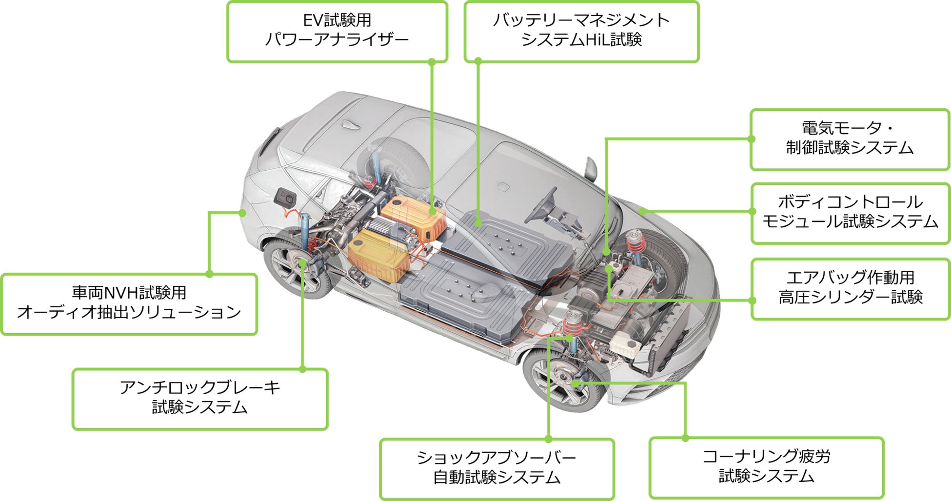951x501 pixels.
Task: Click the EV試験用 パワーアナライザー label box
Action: click(337, 32)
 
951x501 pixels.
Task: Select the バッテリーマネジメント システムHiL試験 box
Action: click(581, 32)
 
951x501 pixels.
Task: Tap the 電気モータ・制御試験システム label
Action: click(850, 140)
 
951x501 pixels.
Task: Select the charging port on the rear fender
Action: click(285, 198)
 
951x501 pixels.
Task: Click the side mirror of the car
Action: click(591, 168)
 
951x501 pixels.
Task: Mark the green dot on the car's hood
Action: click(643, 211)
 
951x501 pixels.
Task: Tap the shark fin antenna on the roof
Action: click(350, 124)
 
